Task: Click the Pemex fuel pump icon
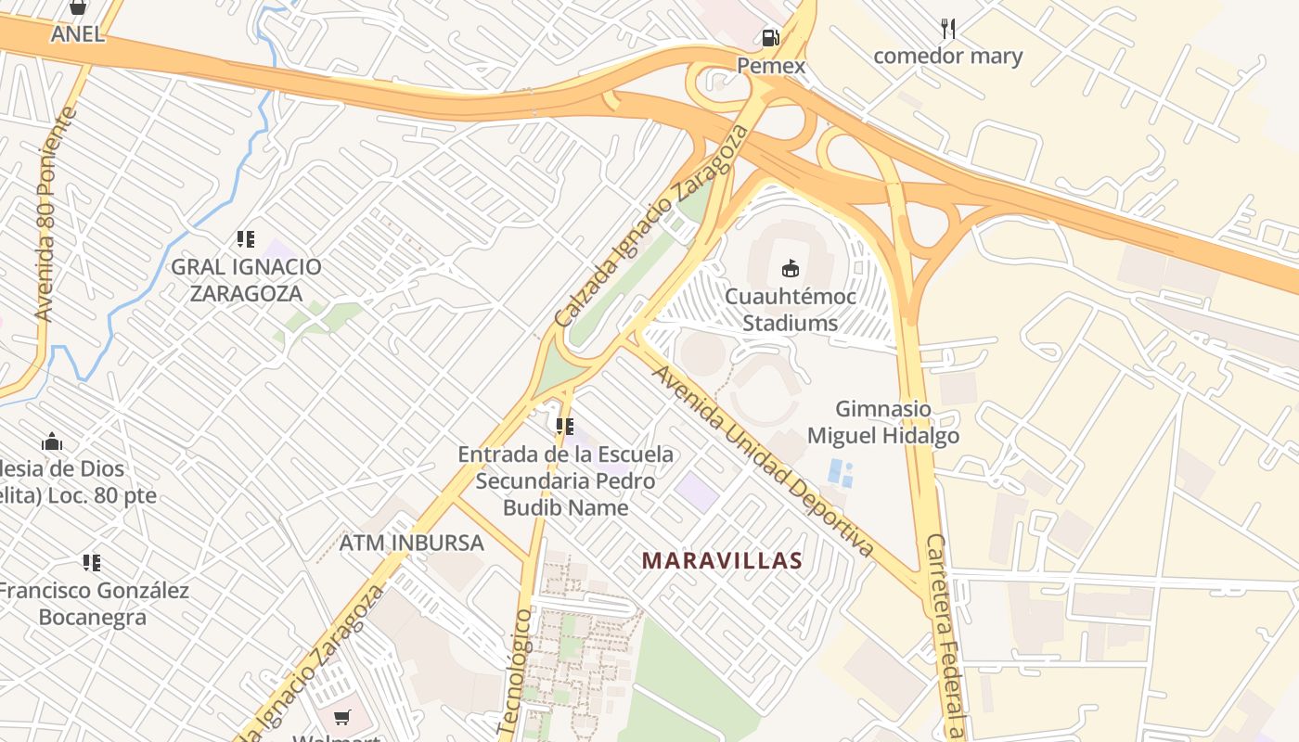tap(770, 38)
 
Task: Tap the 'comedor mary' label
tap(947, 57)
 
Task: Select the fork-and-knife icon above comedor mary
tap(947, 28)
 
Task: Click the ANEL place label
tap(78, 35)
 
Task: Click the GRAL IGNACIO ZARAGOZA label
tap(246, 280)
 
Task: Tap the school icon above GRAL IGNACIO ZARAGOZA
tap(246, 239)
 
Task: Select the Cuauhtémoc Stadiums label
tap(790, 310)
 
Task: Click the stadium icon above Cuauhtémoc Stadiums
tap(790, 269)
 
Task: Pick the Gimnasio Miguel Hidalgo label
tap(882, 422)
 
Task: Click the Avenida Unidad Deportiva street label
tap(763, 460)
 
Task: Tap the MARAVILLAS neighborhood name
tap(722, 561)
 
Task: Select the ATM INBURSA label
tap(411, 543)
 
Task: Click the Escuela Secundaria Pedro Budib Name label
tap(565, 481)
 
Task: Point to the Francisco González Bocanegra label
tap(93, 604)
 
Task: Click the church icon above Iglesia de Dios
tap(52, 441)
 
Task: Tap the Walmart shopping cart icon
tap(342, 717)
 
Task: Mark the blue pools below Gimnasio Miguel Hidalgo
tap(841, 472)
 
